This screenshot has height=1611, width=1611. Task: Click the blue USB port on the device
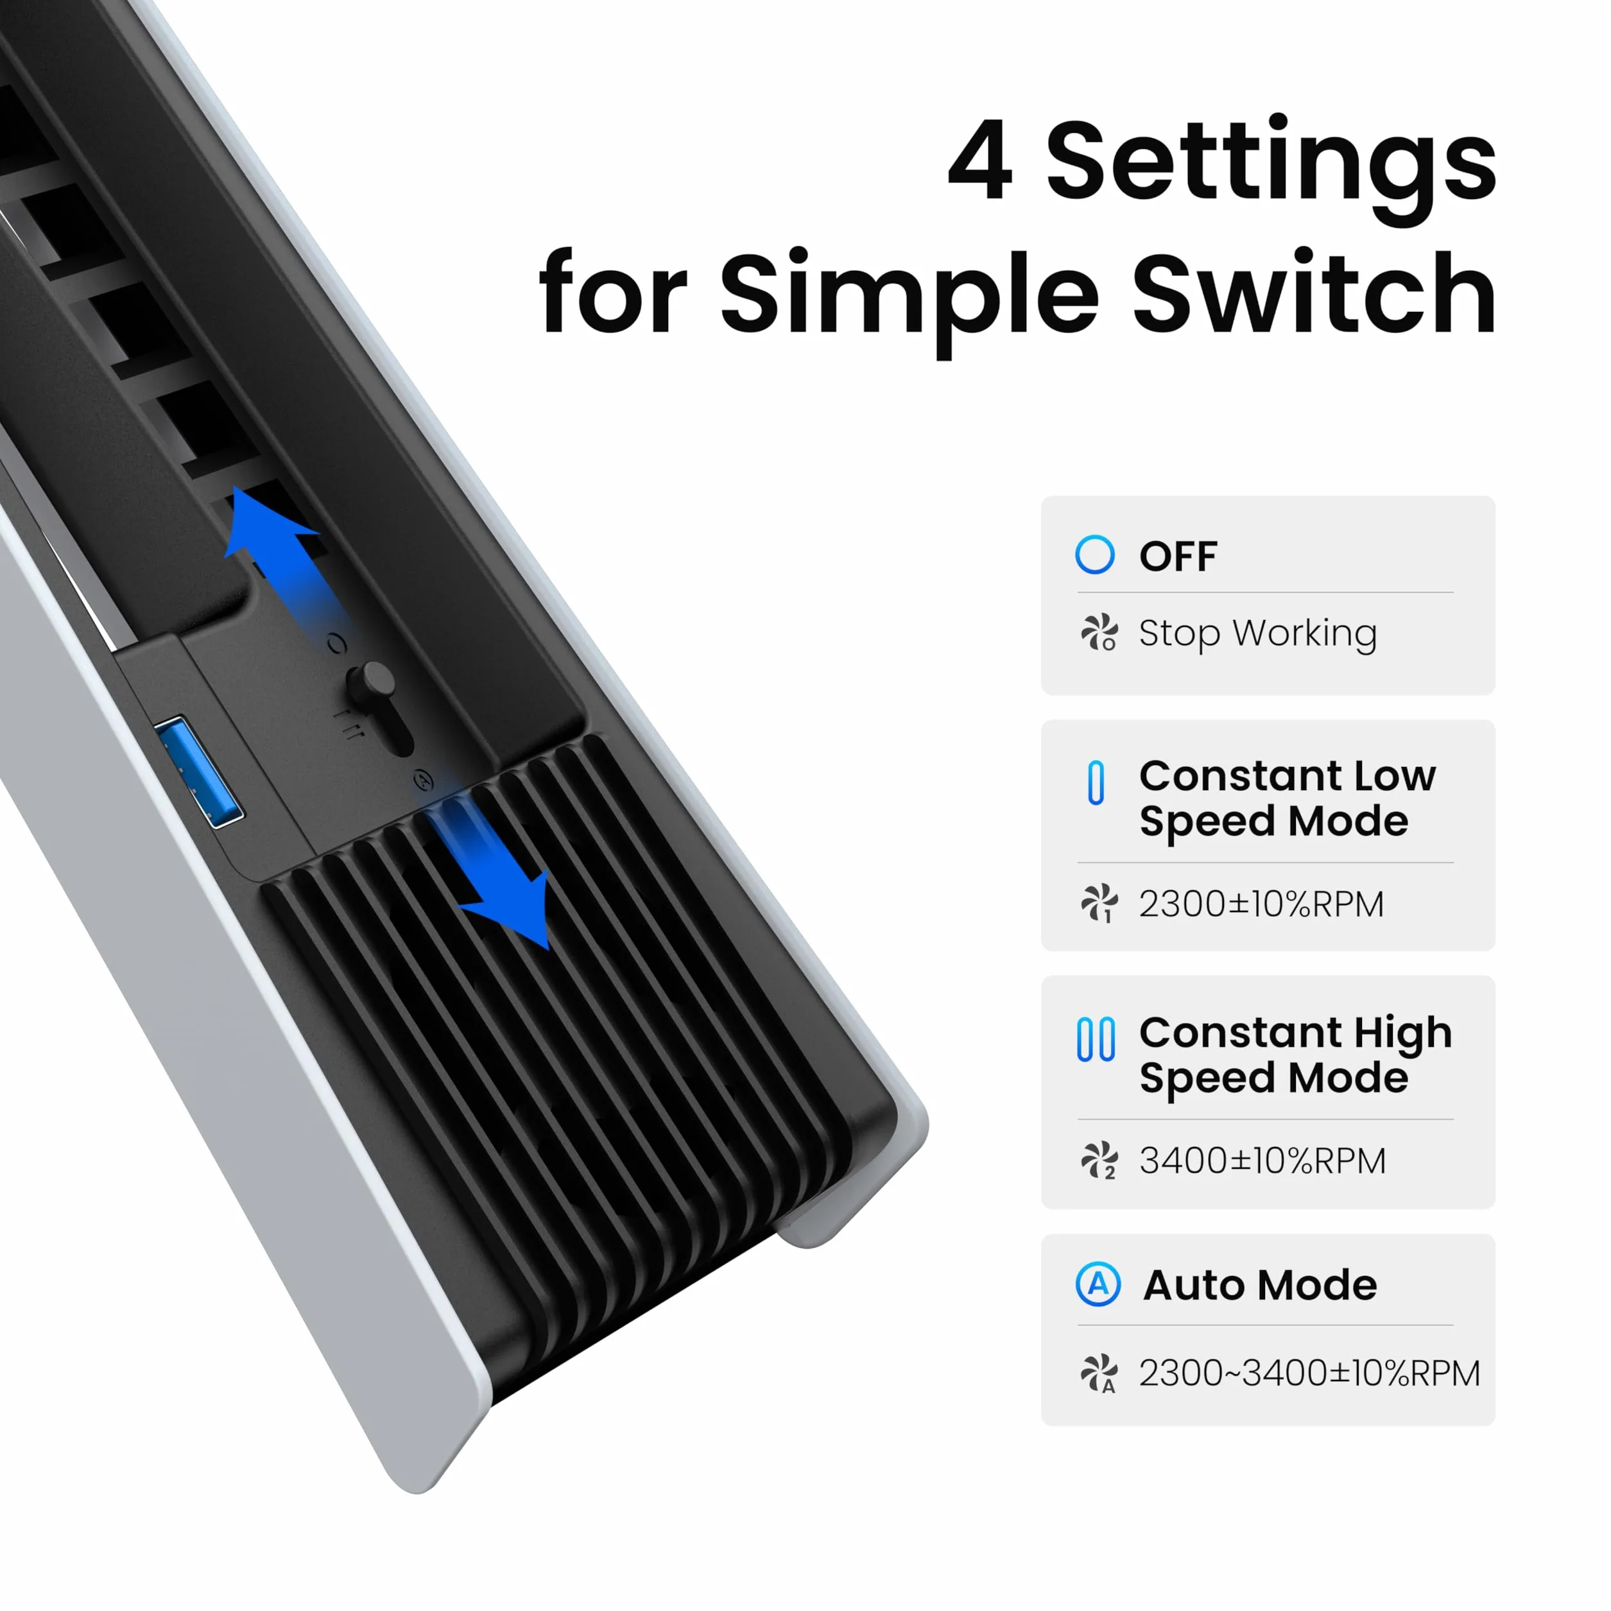[198, 771]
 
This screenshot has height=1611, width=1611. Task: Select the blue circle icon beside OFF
[1095, 555]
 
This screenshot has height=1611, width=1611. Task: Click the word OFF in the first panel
[1178, 556]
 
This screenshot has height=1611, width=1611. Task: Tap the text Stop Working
[1257, 633]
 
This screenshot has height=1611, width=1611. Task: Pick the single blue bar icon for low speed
[1096, 782]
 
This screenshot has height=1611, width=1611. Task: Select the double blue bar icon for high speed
[1096, 1039]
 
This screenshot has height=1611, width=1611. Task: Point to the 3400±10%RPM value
[1262, 1160]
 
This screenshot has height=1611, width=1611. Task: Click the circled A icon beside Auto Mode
[1098, 1284]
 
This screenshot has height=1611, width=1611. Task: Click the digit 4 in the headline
[981, 160]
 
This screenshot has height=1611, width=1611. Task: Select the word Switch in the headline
[1314, 293]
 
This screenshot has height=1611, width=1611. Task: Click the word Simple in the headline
[909, 302]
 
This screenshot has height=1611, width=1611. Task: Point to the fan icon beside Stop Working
[1099, 633]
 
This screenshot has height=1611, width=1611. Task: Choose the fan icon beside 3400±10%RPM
[1099, 1160]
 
